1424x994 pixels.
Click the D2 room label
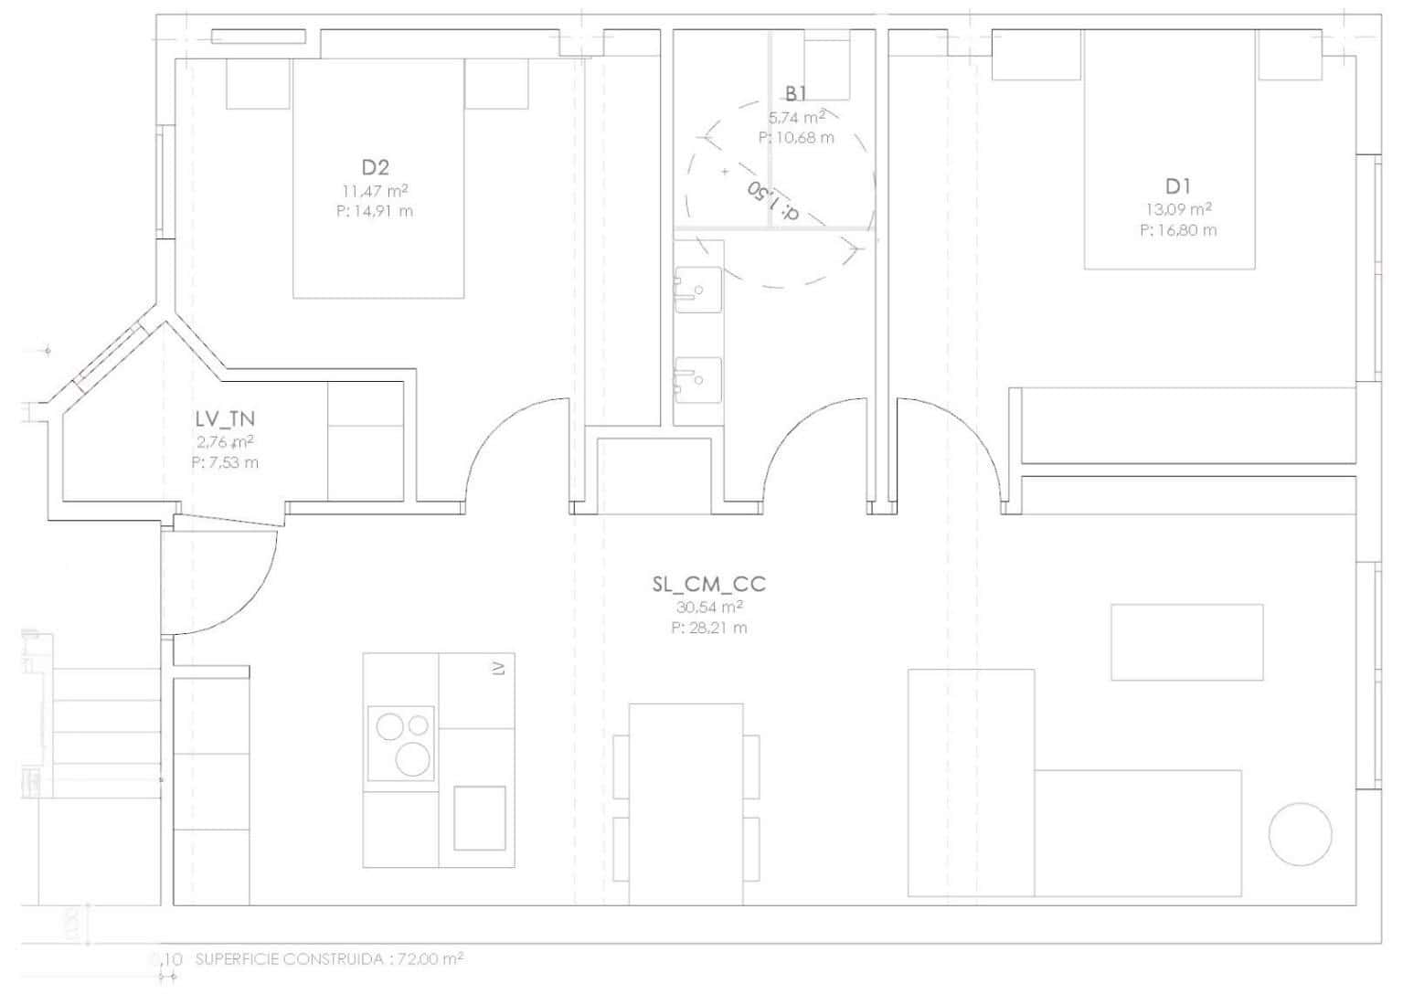coord(375,167)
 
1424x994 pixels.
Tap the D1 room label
coord(1178,186)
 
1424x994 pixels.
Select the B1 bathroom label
coord(795,93)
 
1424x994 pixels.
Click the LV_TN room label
coord(225,418)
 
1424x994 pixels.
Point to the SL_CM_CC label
coord(709,585)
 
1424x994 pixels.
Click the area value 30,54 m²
coord(709,608)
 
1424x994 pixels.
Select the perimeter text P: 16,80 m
coord(1178,230)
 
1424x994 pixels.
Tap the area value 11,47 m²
coord(375,192)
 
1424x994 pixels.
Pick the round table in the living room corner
coord(1300,834)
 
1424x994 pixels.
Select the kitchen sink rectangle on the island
coord(479,818)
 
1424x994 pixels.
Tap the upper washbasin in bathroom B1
coord(697,290)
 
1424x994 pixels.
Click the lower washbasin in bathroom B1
coord(697,377)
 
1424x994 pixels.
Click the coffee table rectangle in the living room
coord(1186,641)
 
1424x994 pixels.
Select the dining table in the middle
coord(685,804)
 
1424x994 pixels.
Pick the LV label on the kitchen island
coord(498,669)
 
